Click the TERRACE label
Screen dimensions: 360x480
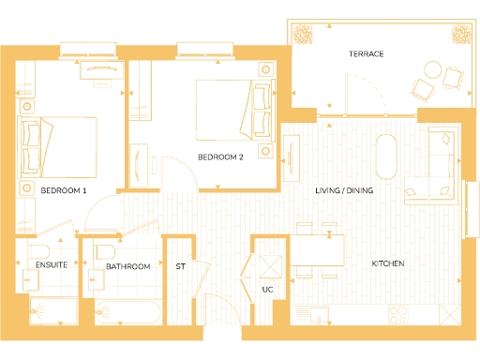click(x=367, y=54)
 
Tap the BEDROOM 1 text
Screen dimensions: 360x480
click(x=64, y=191)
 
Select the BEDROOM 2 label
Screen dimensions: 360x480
click(x=220, y=157)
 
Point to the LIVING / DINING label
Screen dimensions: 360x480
click(x=343, y=191)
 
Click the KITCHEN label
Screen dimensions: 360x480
click(x=388, y=264)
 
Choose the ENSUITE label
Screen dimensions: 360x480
click(x=51, y=266)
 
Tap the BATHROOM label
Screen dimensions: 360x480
click(x=127, y=266)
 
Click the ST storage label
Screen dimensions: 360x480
click(x=181, y=266)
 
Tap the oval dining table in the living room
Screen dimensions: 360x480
click(x=385, y=157)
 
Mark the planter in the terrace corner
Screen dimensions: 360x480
click(x=304, y=35)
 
